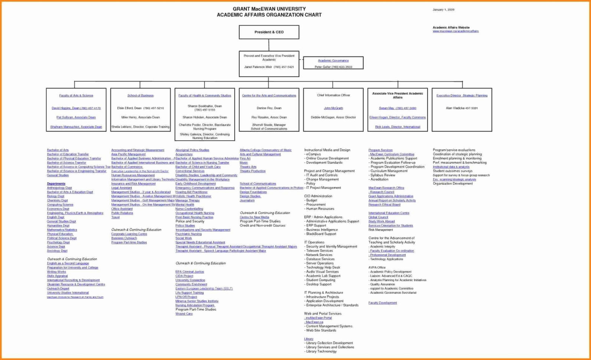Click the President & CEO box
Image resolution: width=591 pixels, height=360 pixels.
point(269,32)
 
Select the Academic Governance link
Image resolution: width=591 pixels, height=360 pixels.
point(333,60)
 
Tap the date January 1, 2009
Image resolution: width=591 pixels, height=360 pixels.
point(443,10)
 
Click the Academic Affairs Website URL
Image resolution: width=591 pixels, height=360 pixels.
point(456,32)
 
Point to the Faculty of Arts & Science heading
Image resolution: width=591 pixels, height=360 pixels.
point(76,96)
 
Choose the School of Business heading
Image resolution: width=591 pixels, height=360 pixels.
point(140,96)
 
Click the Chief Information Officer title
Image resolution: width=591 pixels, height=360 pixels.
point(333,95)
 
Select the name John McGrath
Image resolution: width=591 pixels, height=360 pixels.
point(333,108)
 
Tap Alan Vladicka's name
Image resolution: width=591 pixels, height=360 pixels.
point(462,108)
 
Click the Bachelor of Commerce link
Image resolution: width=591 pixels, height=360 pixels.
point(127,167)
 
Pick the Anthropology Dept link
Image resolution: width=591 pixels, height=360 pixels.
point(59,188)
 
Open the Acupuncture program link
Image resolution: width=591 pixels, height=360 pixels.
point(184,154)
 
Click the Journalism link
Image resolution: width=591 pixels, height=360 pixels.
point(247,200)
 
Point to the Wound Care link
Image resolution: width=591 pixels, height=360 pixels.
point(184,314)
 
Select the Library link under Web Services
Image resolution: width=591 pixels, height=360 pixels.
point(308,339)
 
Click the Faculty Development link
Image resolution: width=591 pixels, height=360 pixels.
point(382,303)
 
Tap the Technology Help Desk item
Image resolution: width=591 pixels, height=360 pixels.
point(323,268)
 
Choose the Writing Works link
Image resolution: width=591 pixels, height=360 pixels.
point(56,272)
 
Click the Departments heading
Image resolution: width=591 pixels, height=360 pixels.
point(56,184)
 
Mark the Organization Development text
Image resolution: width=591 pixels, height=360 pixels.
point(453,184)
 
